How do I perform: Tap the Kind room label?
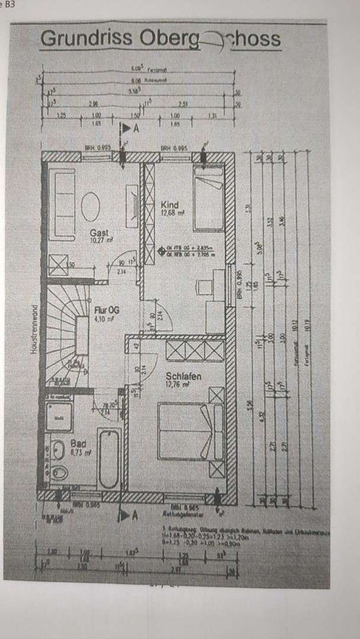click(x=169, y=205)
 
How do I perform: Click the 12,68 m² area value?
click(x=173, y=214)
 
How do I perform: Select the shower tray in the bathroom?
click(x=60, y=417)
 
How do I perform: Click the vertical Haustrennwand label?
click(x=35, y=328)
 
